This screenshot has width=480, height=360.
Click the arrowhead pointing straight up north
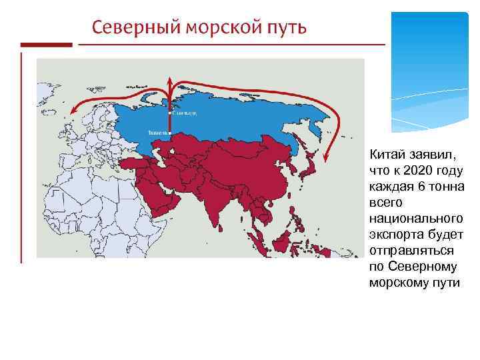pyautogui.click(x=170, y=81)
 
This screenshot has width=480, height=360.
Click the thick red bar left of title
pyautogui.click(x=46, y=45)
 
